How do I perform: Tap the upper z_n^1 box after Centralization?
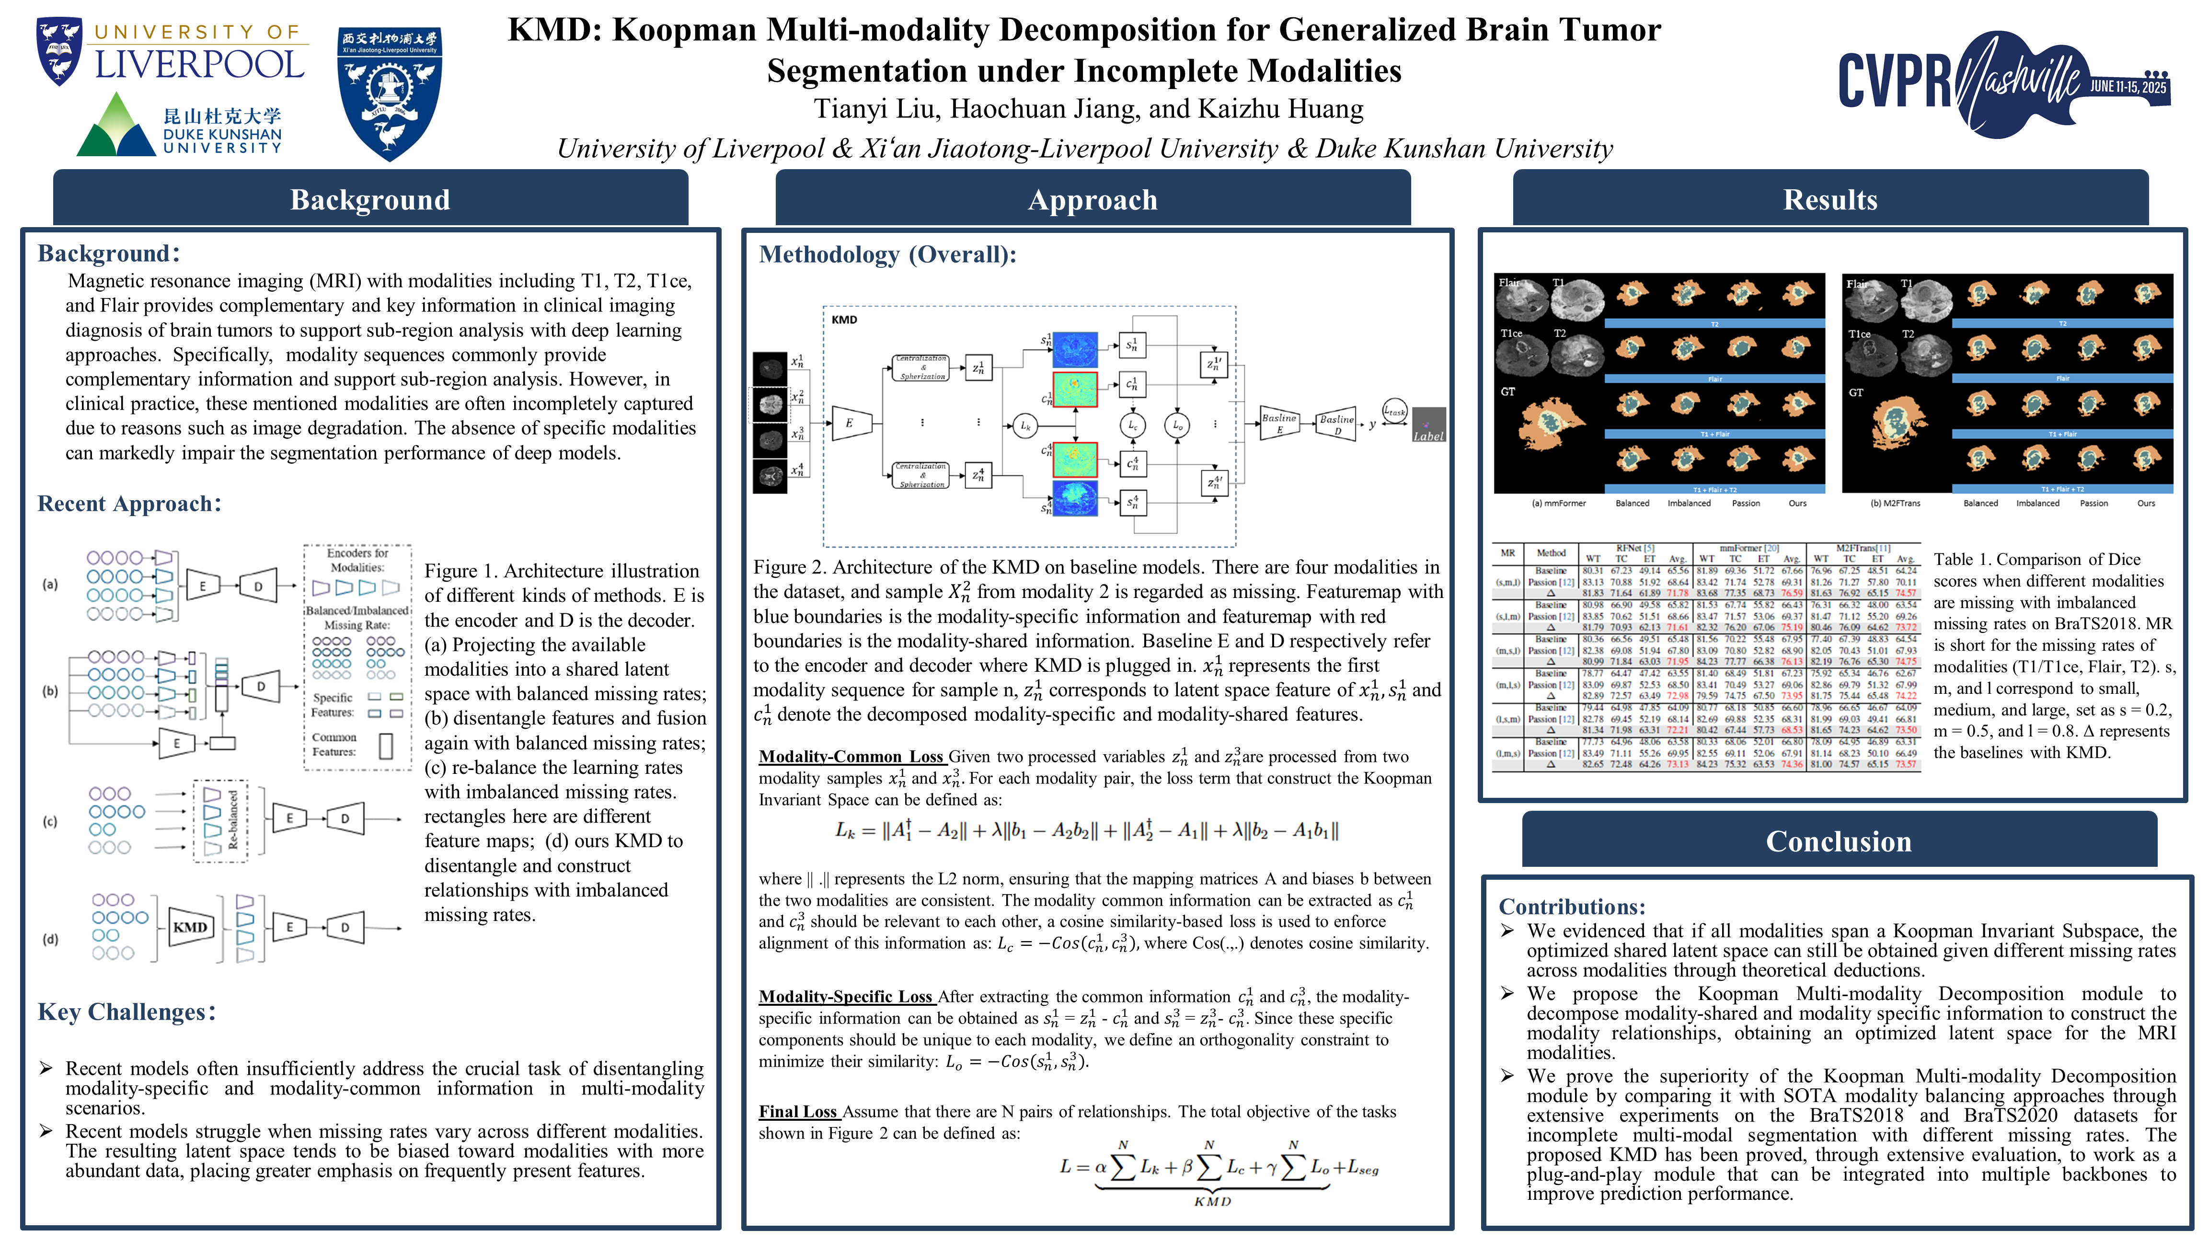coord(978,368)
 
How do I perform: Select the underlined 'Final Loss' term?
coord(798,1112)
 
